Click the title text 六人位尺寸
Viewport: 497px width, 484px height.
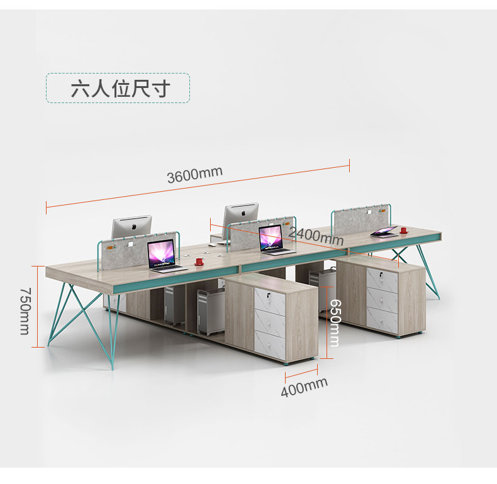[x=118, y=89]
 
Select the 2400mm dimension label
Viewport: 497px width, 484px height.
[x=316, y=236]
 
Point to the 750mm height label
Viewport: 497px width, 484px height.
[x=25, y=311]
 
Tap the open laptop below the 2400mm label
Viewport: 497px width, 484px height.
[x=274, y=240]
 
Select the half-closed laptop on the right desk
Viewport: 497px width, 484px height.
[x=383, y=231]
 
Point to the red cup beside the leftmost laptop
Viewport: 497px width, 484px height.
[x=199, y=260]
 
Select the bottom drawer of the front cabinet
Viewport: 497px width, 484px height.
[x=269, y=345]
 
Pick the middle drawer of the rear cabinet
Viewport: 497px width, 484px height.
[x=382, y=300]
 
